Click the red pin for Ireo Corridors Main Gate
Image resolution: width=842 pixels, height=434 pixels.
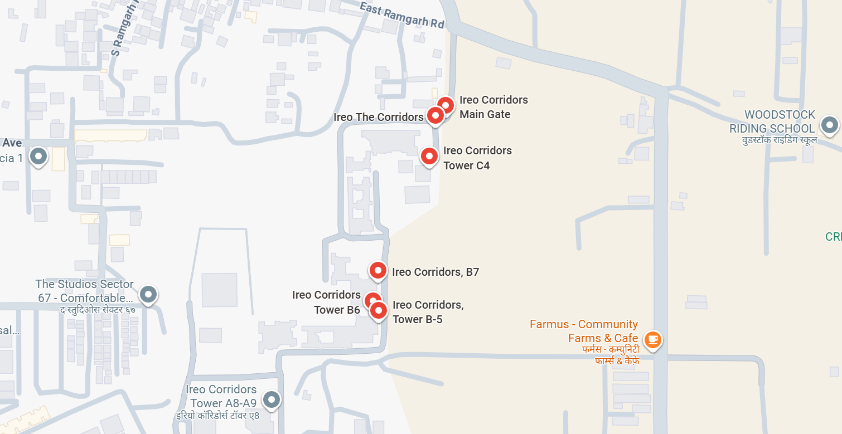446,105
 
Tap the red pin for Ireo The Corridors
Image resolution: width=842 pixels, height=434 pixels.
435,115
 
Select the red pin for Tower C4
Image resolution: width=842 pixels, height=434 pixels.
429,156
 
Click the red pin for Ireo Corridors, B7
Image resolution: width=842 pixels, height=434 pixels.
378,271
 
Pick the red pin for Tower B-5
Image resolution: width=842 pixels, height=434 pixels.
379,310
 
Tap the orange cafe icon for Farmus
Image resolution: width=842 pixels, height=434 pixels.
652,339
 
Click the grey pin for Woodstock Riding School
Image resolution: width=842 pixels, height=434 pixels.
830,124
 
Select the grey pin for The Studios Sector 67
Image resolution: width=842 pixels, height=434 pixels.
148,294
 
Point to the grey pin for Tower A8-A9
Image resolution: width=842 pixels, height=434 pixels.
272,399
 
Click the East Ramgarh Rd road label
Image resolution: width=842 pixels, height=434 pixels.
401,16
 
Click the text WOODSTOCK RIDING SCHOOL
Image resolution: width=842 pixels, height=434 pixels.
772,122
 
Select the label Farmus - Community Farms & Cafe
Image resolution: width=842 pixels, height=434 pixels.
584,331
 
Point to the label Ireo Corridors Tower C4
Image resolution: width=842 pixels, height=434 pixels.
477,158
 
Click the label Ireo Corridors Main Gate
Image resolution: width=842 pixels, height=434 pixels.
493,107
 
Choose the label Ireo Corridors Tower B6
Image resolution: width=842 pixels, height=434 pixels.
326,302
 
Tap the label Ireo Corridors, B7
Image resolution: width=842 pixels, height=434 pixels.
435,272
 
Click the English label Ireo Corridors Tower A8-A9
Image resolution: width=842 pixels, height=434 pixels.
221,396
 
